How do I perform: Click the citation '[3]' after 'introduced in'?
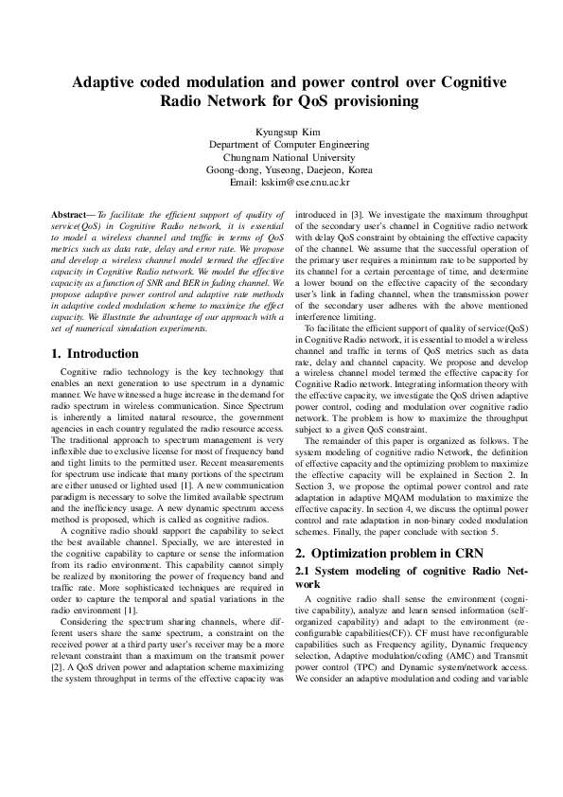365,217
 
